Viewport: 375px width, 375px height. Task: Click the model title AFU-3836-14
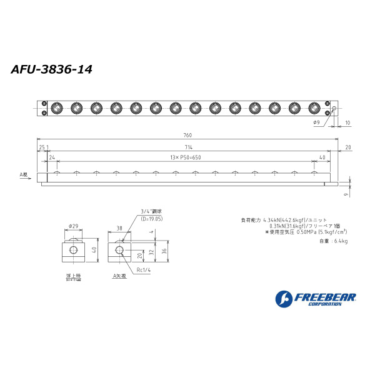click(52, 69)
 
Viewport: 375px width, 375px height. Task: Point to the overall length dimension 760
click(187, 135)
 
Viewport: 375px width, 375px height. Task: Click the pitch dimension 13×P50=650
click(185, 157)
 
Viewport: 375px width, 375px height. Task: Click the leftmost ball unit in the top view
click(56, 108)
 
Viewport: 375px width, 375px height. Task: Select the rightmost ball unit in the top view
click(314, 108)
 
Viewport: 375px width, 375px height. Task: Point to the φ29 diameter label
click(73, 226)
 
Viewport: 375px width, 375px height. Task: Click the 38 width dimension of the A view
click(119, 228)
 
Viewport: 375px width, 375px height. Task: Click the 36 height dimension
click(164, 251)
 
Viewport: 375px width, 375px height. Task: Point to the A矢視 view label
click(118, 276)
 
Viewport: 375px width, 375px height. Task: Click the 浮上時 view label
click(73, 275)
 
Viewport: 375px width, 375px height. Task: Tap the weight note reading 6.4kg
click(333, 241)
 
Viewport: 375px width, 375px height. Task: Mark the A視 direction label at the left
click(24, 175)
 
